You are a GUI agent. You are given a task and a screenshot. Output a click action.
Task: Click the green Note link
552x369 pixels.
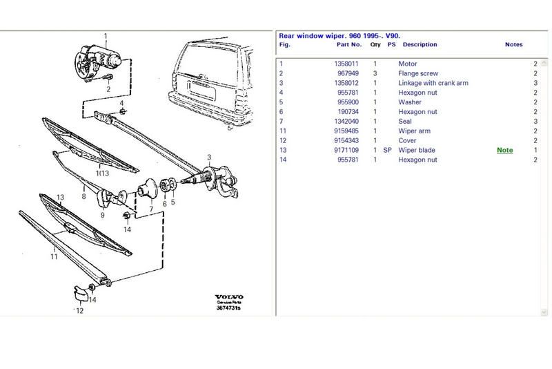pos(505,150)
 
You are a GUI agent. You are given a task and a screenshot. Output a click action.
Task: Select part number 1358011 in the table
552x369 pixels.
pos(348,64)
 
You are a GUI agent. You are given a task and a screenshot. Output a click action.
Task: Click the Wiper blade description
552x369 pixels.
pos(417,150)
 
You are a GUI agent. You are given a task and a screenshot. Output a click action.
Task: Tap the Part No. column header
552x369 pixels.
pos(348,44)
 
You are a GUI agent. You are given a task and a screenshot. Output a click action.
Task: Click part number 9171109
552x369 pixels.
pos(348,150)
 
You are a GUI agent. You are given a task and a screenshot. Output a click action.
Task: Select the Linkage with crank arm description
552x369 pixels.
pos(433,83)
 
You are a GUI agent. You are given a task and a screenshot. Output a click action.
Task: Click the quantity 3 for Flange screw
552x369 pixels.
pos(375,73)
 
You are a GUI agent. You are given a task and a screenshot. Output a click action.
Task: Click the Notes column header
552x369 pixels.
pos(513,44)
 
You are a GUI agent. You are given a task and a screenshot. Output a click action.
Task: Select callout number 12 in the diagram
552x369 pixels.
pos(79,311)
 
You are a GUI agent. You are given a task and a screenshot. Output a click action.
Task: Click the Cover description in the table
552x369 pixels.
pos(408,140)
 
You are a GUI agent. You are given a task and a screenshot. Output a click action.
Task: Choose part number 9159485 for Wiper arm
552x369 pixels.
pos(348,131)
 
